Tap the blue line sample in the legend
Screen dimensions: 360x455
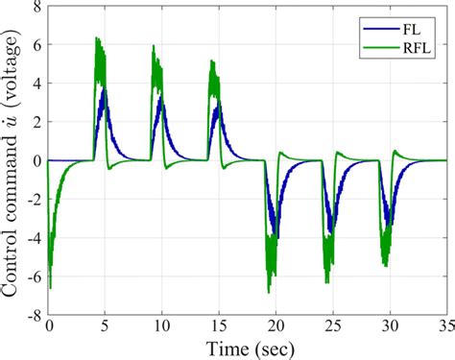pos(378,25)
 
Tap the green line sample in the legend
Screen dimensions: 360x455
pos(378,42)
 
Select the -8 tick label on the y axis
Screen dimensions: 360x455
pos(33,314)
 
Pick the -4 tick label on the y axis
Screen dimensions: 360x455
pos(33,237)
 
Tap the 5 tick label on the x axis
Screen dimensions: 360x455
pos(107,326)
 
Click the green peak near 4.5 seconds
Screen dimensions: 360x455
pos(98,38)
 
